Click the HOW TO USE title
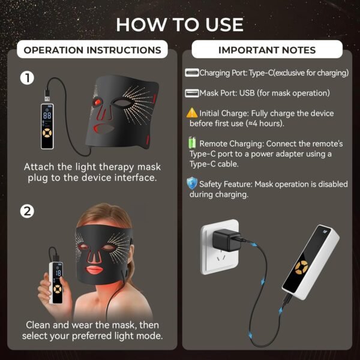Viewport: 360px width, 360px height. (180, 24)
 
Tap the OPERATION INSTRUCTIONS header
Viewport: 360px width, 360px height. (92, 50)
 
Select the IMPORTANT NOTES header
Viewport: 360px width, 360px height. (267, 50)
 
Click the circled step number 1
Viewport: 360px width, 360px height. (26, 77)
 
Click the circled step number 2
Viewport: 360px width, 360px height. (26, 211)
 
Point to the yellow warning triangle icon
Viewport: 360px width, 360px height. (191, 113)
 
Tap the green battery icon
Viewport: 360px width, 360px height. (192, 143)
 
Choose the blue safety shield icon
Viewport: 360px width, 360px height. (191, 183)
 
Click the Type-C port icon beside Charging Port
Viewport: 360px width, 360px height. (192, 73)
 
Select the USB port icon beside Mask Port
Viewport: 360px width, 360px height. (192, 93)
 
